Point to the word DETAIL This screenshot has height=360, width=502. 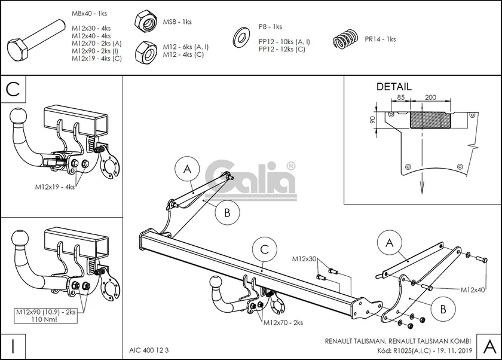coord(394,87)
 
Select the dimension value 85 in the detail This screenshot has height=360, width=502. coord(400,97)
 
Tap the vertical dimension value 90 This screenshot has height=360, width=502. coord(372,119)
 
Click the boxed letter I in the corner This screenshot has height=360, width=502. coord(13,345)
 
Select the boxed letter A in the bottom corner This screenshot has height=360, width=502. coord(488,346)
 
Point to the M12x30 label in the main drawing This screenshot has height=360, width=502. coord(305,259)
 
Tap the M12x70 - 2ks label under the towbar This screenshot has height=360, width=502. coord(283,322)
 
